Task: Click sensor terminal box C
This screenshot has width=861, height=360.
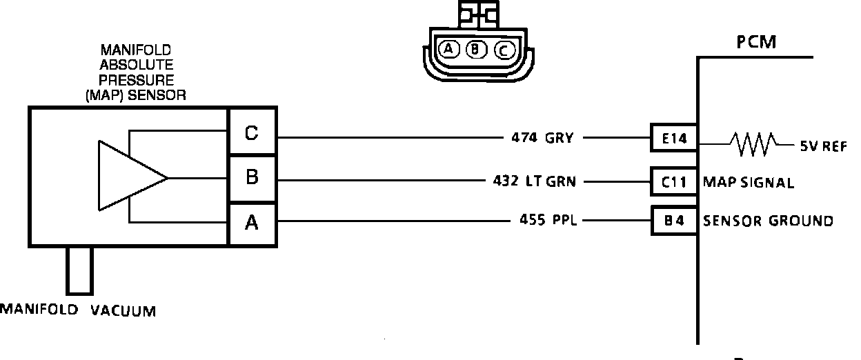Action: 252,133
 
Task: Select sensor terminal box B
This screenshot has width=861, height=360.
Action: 252,178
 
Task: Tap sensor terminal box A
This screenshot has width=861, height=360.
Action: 252,222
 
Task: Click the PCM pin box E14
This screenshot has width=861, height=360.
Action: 673,138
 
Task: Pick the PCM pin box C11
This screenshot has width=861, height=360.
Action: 673,182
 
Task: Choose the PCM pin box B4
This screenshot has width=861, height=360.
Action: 673,221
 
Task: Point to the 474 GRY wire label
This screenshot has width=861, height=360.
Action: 542,137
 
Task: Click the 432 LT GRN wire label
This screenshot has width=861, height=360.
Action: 535,182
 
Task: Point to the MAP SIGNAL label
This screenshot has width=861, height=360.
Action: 748,183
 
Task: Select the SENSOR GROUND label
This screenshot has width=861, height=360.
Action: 767,221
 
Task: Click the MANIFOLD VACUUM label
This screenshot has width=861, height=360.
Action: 77,310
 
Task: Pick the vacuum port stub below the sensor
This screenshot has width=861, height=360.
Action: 79,270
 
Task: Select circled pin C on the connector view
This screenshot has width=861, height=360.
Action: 503,50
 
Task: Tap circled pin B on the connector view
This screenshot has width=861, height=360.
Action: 476,49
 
